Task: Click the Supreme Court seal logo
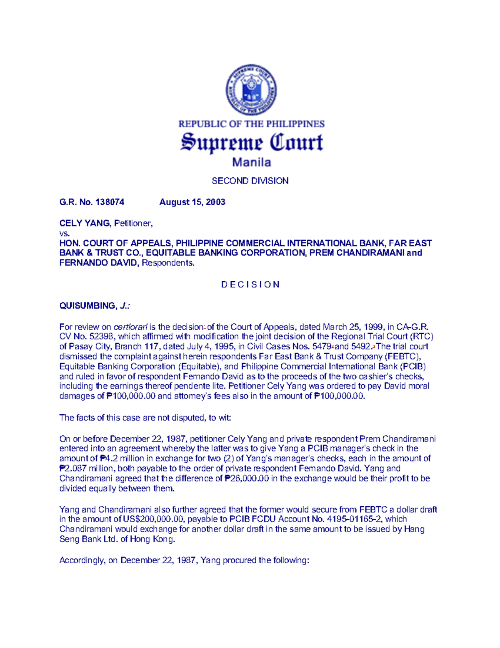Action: tap(251, 91)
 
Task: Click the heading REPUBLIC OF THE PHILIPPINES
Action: tap(251, 124)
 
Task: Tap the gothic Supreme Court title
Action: tap(251, 143)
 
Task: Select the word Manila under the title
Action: tap(251, 162)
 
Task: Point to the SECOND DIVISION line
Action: tap(250, 181)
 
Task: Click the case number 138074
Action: tap(110, 202)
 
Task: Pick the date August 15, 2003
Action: tap(192, 202)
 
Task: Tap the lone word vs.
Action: tap(64, 233)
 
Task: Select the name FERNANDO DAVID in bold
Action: tap(98, 263)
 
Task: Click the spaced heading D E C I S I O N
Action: tap(250, 285)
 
